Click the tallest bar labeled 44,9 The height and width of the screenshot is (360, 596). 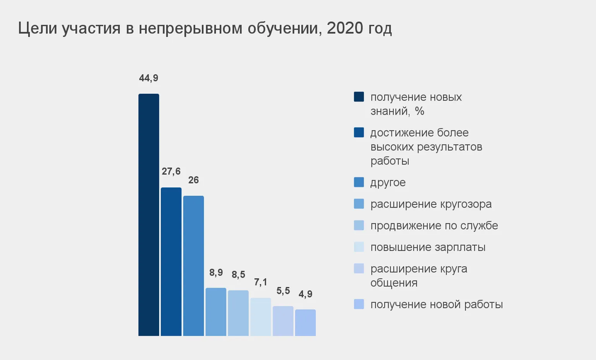tap(149, 215)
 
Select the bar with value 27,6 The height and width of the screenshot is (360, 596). tap(171, 262)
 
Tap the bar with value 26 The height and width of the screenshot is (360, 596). tap(194, 266)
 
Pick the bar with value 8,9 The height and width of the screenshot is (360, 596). tap(216, 312)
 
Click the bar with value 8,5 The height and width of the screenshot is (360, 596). tap(238, 313)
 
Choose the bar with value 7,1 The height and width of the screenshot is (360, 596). tap(260, 317)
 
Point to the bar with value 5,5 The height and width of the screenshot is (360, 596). tap(283, 321)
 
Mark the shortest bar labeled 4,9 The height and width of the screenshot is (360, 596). tap(305, 322)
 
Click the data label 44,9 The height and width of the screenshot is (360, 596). tap(149, 78)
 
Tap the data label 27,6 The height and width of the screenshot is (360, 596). tap(171, 171)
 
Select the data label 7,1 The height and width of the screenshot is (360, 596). tap(260, 282)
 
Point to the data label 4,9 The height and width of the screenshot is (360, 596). tap(305, 294)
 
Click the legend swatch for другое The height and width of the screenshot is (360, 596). tap(359, 182)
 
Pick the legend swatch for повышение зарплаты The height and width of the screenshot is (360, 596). tap(359, 247)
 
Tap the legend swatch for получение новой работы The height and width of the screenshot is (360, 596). tap(359, 304)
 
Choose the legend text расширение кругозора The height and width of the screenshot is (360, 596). tap(431, 204)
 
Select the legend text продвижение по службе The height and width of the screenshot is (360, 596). tap(434, 226)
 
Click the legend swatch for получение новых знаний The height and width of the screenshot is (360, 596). tap(359, 97)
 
